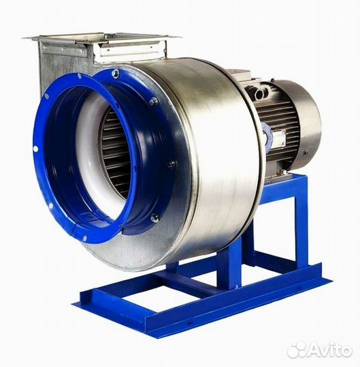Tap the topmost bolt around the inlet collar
(115, 73)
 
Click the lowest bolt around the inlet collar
(154, 218)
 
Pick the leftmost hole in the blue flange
(35, 148)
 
